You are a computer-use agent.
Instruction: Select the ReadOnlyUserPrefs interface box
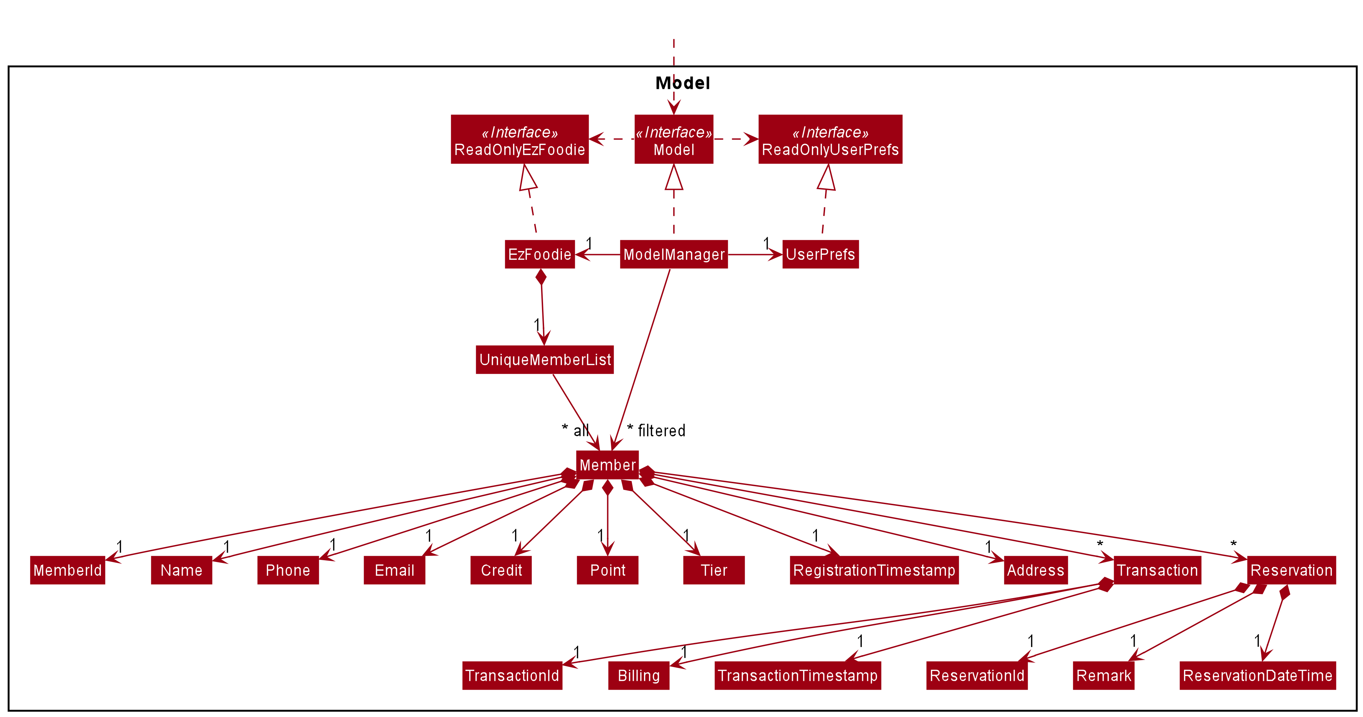coord(830,139)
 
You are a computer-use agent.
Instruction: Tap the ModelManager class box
coord(673,254)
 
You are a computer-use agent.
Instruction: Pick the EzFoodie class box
coord(539,254)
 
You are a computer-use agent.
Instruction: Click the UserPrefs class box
coord(820,254)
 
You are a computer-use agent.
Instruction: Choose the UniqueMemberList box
coord(544,360)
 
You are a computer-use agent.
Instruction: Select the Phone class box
coord(288,570)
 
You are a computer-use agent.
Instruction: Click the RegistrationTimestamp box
coord(874,570)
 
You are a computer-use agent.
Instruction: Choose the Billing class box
coord(639,676)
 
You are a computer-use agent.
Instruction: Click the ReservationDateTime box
coord(1257,676)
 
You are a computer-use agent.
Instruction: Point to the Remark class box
coord(1103,676)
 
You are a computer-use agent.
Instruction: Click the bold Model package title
coord(683,83)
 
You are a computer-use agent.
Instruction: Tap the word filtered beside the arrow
coord(661,430)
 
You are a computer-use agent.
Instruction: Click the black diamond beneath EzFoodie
coord(541,277)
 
